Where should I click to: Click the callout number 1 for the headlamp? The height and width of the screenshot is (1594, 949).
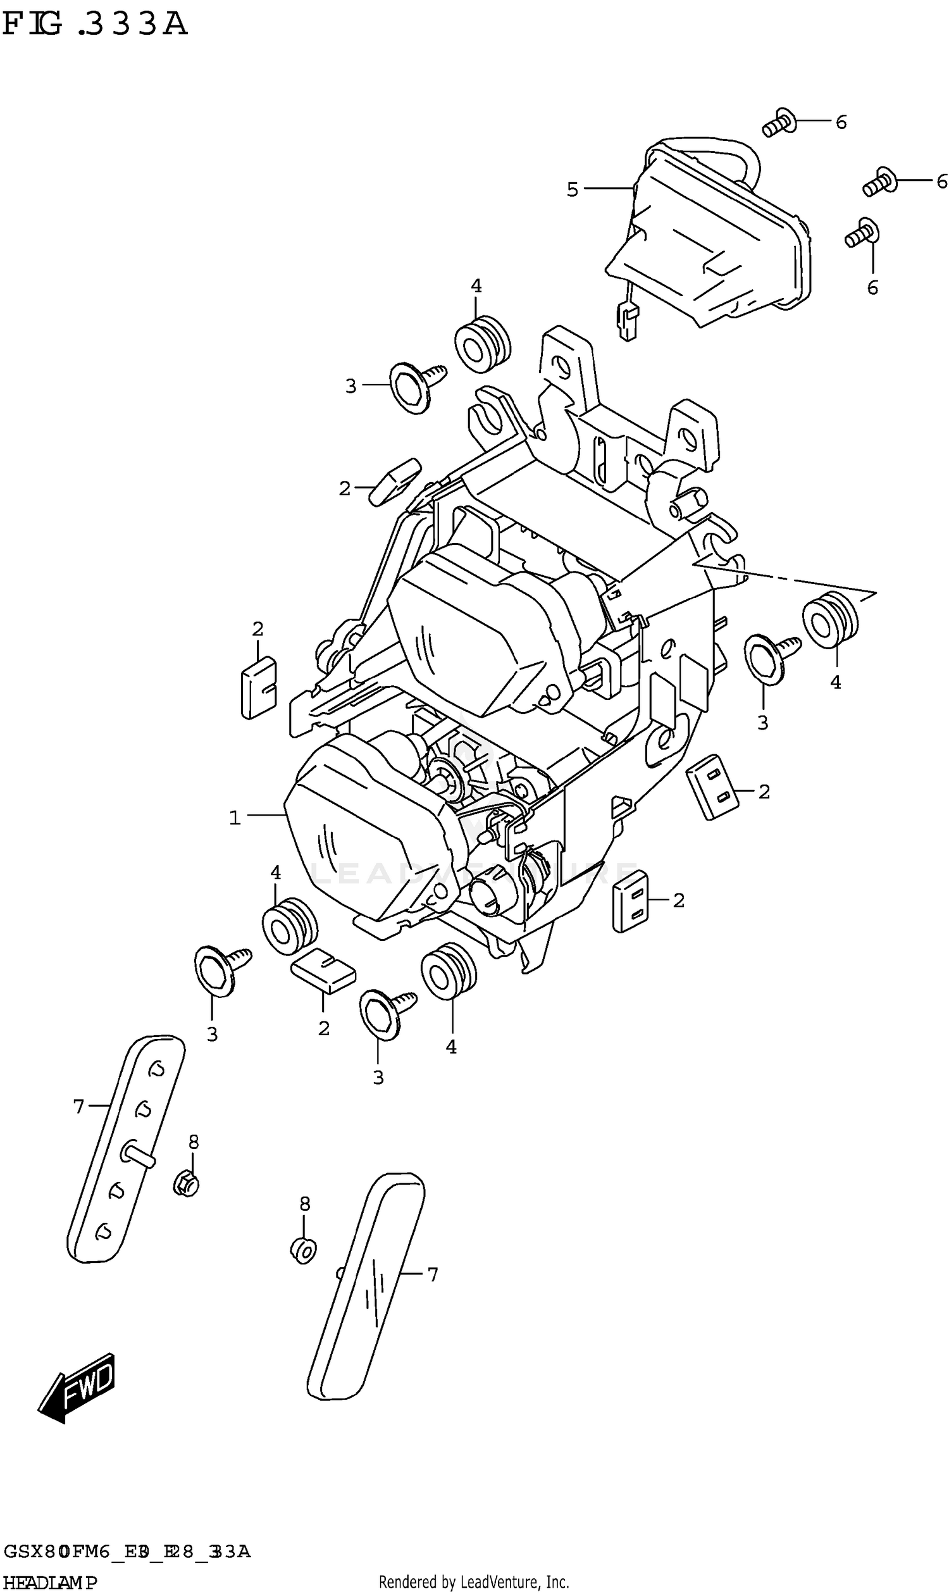235,818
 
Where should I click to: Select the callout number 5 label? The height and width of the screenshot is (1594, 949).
573,189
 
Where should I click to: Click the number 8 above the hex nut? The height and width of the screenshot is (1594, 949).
194,1142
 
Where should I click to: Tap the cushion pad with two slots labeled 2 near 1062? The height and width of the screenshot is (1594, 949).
631,900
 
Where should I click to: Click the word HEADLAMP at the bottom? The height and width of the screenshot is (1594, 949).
50,1583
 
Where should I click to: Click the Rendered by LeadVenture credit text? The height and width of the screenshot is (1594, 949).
473,1583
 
